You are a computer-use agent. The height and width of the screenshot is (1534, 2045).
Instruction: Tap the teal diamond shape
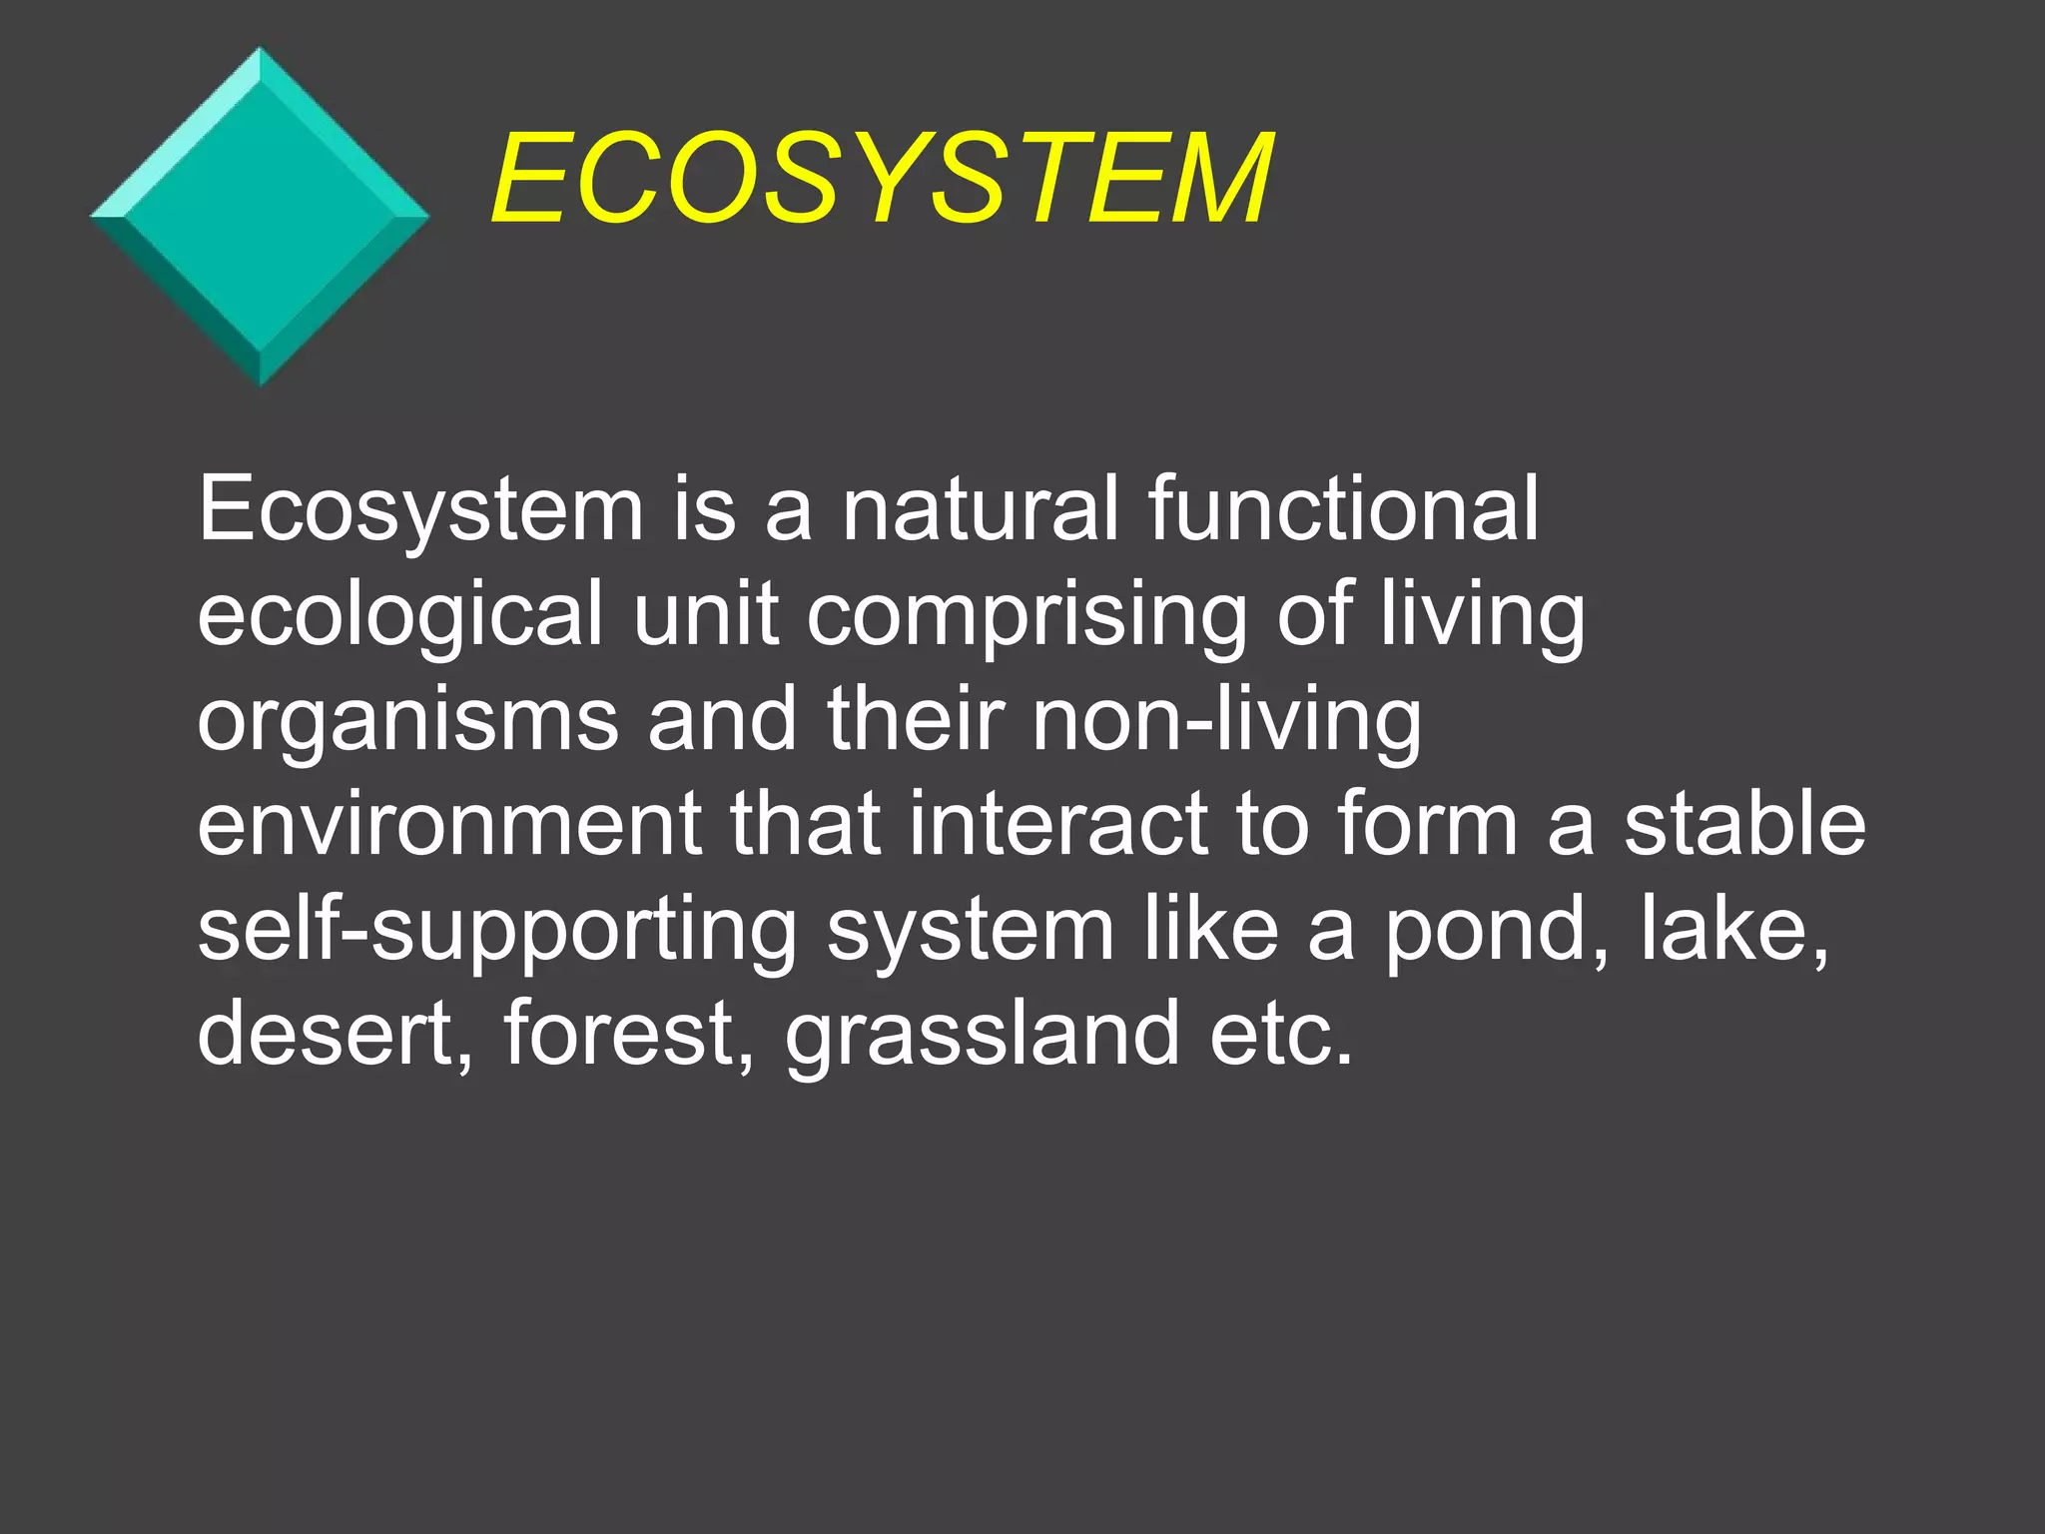click(x=260, y=217)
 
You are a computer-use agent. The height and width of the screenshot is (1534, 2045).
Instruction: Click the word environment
click(x=450, y=824)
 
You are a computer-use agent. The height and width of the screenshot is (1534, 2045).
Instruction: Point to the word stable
click(x=1744, y=824)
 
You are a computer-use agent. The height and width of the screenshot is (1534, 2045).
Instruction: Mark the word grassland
click(x=983, y=1036)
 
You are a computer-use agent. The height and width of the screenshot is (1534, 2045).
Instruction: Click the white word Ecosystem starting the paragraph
click(x=420, y=511)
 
